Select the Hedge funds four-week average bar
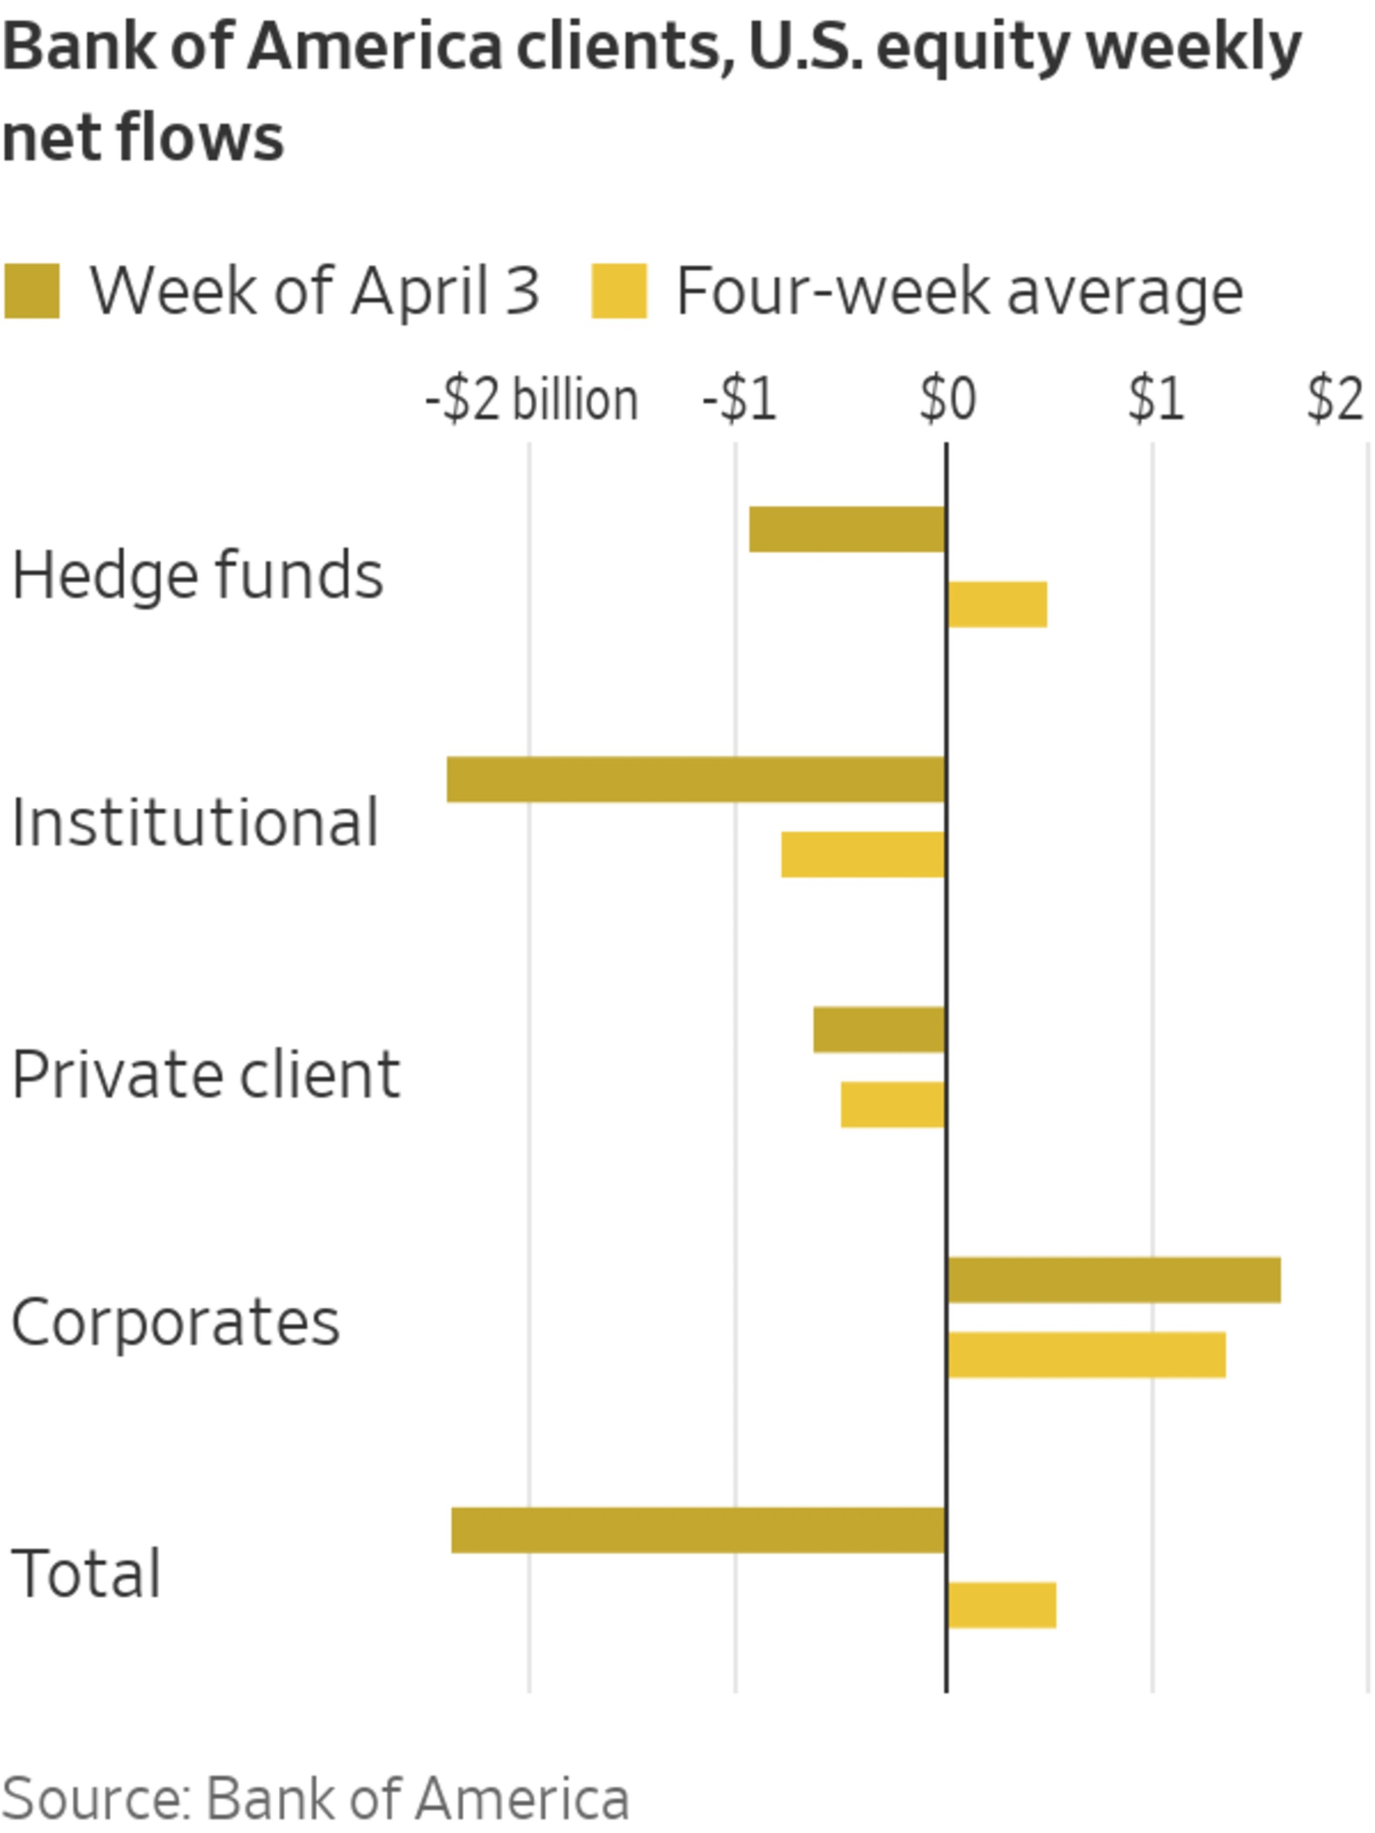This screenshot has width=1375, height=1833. point(997,604)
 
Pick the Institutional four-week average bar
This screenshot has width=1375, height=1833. point(863,854)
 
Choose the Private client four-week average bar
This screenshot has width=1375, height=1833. point(893,1105)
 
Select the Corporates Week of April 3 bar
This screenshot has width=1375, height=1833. point(1114,1280)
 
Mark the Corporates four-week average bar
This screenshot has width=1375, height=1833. point(1087,1355)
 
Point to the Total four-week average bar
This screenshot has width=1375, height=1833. point(1002,1605)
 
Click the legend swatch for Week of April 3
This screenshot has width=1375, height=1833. point(32,291)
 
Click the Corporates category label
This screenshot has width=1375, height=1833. point(176,1322)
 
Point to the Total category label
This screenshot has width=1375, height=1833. point(86,1573)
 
